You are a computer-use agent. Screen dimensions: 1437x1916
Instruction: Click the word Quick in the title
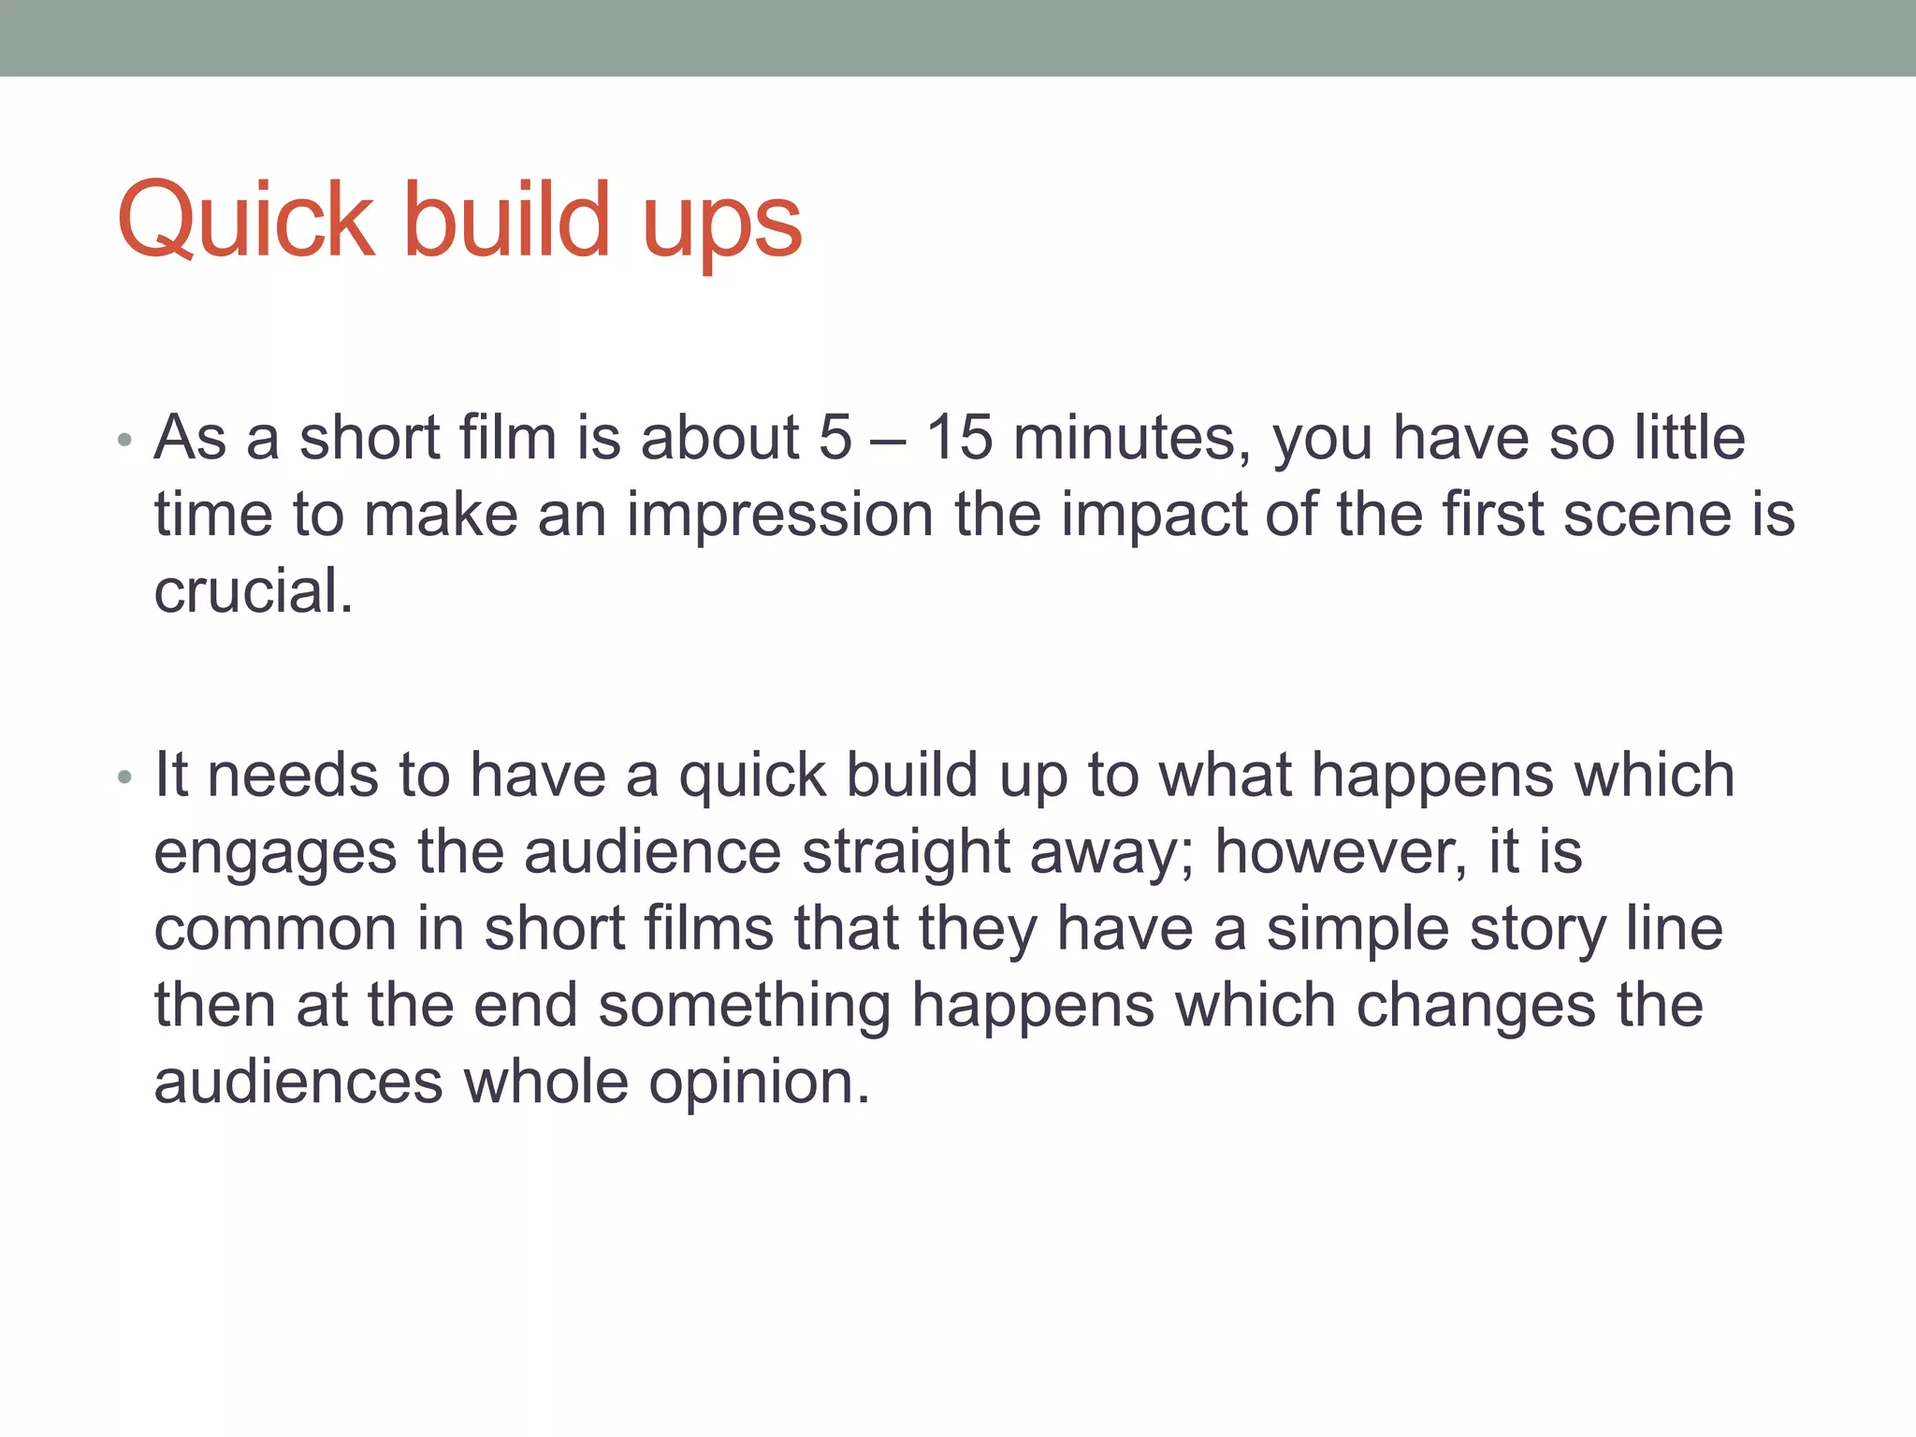click(246, 221)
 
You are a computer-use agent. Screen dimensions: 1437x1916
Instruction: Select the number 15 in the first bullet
click(958, 437)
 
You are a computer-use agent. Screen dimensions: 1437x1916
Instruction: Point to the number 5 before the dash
click(835, 437)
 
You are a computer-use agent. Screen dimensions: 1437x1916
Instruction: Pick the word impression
click(779, 515)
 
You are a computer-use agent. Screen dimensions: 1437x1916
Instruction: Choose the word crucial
click(253, 591)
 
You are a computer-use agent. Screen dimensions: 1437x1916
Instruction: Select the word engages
click(275, 853)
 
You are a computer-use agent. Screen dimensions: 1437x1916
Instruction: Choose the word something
click(744, 1006)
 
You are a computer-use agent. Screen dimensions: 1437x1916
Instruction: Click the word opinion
click(759, 1082)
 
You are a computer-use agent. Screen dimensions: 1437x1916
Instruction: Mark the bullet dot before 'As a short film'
click(124, 440)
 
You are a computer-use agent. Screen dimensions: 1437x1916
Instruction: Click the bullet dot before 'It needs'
click(124, 777)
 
